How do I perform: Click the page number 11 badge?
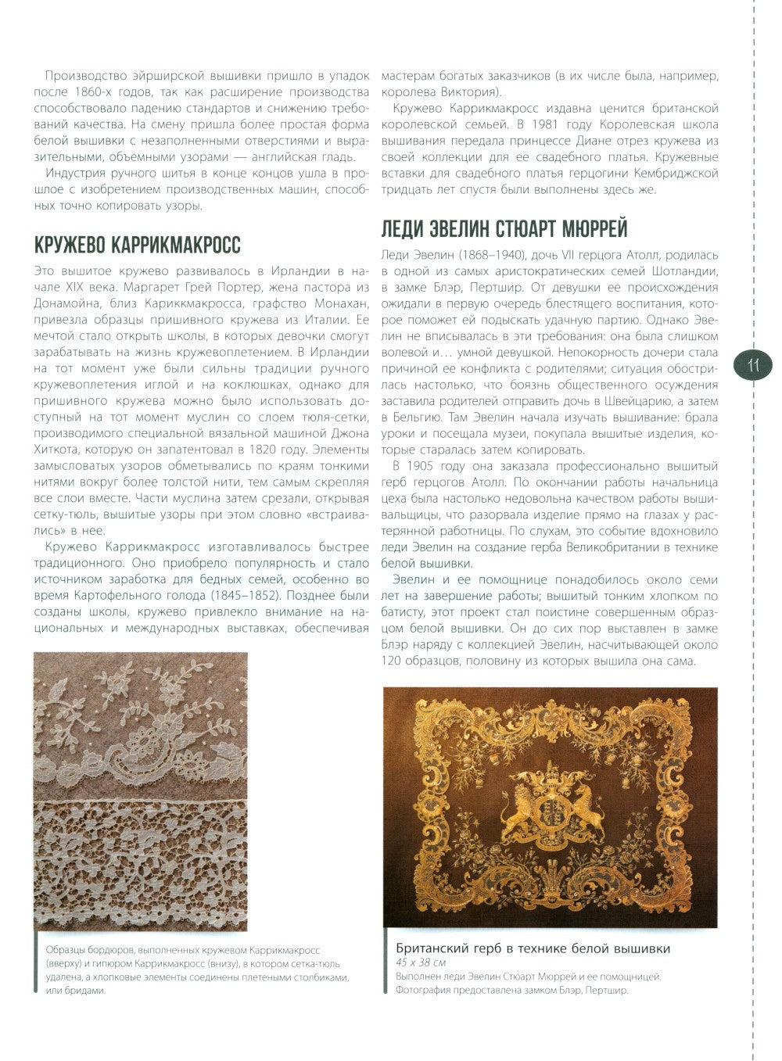pyautogui.click(x=754, y=365)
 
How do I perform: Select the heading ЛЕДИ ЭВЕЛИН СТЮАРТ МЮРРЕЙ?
pyautogui.click(x=504, y=228)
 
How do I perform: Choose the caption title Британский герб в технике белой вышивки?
pyautogui.click(x=533, y=949)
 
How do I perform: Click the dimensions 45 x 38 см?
pyautogui.click(x=420, y=962)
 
